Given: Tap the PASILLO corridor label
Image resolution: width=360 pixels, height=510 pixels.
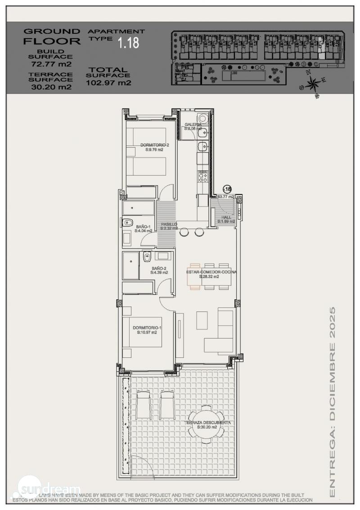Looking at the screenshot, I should click(169, 224).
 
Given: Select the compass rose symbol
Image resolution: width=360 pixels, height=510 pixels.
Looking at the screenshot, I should click(313, 83).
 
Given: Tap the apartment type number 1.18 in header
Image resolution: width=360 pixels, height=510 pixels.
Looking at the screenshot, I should click(128, 43).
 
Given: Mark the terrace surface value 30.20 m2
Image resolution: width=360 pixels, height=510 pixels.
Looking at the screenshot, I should click(51, 87).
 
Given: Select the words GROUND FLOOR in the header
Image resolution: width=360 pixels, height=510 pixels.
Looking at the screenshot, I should click(52, 36).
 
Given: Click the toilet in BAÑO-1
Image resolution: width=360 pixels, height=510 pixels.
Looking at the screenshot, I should click(127, 221).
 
